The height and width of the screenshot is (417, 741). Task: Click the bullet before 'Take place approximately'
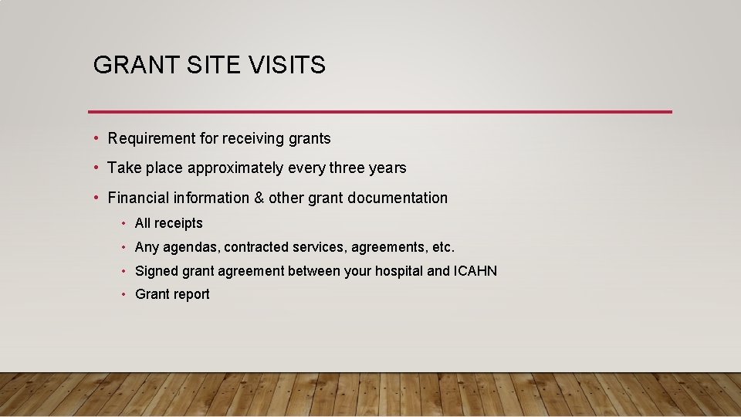coord(96,168)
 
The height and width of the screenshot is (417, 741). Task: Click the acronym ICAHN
coord(475,271)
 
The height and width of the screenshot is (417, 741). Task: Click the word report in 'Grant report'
coord(191,295)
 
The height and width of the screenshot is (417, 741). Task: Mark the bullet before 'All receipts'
coord(123,223)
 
